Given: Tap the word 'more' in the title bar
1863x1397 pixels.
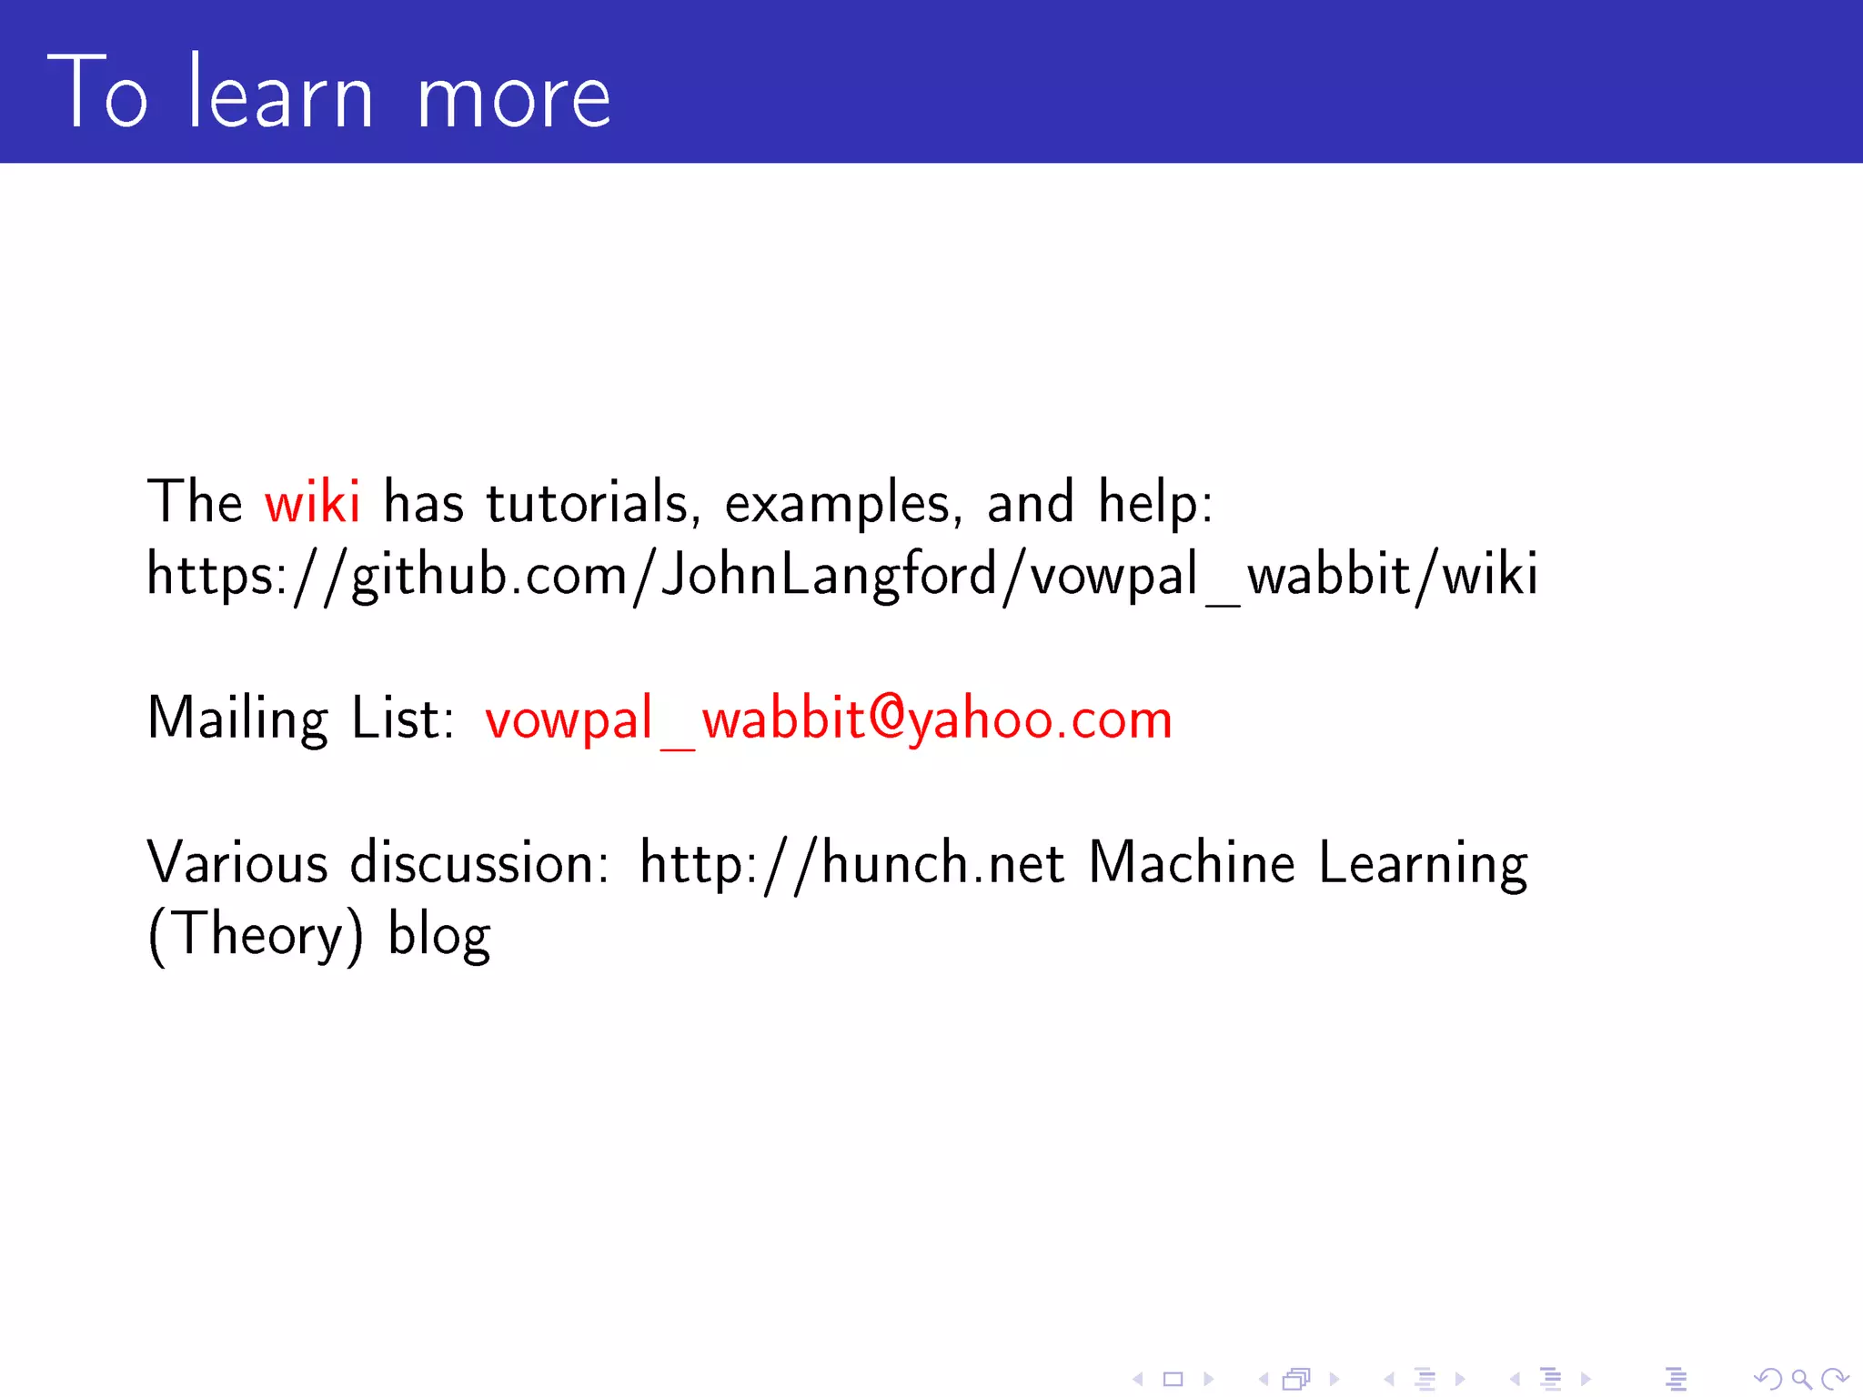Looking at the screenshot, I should coord(514,97).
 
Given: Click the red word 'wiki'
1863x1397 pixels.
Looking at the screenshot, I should coord(312,501).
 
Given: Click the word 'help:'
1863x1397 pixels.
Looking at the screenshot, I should coord(1155,503).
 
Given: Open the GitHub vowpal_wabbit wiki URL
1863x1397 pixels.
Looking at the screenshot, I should coord(842,576).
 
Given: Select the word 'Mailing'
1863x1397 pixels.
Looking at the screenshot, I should coord(237,719).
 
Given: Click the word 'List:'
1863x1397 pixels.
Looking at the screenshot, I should coord(403,718).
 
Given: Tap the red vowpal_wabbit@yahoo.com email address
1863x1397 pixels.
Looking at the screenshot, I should coord(828,719).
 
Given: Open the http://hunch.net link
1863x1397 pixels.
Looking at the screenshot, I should coord(851,864).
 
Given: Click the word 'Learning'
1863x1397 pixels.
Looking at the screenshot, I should coord(1423,864).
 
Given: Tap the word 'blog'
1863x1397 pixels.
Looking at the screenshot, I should coord(439,937).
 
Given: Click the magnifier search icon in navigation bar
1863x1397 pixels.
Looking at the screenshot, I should coord(1800,1380).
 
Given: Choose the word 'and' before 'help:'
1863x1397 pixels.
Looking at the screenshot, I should coord(1031,501).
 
